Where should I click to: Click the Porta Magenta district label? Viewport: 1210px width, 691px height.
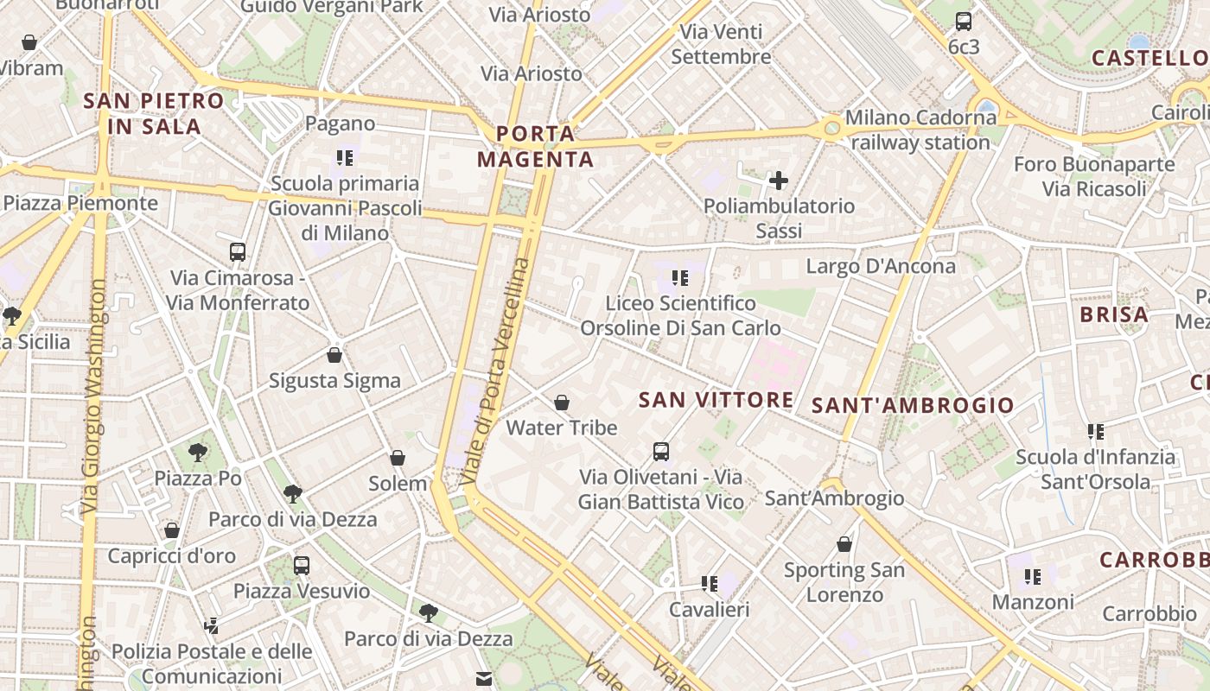[536, 146]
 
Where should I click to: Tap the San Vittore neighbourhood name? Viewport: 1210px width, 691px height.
[716, 399]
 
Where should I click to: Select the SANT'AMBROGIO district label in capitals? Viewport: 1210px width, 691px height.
[913, 405]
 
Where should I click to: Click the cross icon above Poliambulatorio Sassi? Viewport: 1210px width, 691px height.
[779, 181]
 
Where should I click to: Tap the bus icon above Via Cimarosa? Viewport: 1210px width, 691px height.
[238, 252]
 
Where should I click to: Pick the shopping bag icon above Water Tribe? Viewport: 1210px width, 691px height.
[562, 403]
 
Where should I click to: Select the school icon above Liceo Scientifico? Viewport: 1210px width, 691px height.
[680, 278]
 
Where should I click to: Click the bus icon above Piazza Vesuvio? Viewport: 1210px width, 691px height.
[302, 566]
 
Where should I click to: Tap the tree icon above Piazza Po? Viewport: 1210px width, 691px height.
[198, 452]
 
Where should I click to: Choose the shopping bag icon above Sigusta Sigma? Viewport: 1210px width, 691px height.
[334, 355]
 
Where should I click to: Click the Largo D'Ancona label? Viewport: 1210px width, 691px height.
[881, 266]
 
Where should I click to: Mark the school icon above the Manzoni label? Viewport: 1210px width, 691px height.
[1032, 576]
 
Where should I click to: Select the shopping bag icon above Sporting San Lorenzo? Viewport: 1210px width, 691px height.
[844, 544]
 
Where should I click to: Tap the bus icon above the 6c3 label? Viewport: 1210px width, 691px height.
[964, 22]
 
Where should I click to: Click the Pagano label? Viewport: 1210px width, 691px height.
[341, 124]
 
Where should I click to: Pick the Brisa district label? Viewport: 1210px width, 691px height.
[1114, 314]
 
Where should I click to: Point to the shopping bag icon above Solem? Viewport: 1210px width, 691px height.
[398, 458]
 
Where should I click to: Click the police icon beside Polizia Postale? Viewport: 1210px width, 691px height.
[212, 624]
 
